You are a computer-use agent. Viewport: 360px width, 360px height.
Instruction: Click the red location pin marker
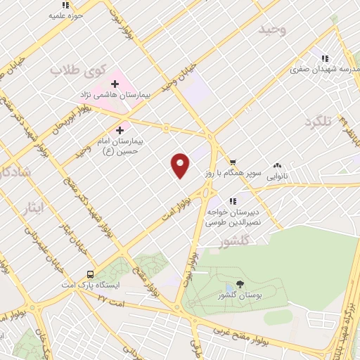pos(181,165)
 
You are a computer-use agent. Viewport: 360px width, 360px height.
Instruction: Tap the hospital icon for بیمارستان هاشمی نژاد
pos(115,84)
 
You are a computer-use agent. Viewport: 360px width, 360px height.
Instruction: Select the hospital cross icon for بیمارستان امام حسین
pos(120,130)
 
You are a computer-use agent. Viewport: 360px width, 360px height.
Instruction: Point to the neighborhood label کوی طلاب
pos(79,70)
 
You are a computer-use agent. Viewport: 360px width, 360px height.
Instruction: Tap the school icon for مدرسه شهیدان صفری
pos(324,59)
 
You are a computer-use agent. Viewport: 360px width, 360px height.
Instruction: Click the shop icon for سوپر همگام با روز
pos(233,162)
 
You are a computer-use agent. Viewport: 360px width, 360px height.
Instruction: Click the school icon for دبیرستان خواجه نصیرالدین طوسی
pos(232,202)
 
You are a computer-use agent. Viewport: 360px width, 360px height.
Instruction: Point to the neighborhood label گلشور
pos(215,243)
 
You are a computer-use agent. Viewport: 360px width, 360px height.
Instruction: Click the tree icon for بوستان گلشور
pos(240,285)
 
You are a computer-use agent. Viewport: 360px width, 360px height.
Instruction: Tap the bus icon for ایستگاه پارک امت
pos(90,274)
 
